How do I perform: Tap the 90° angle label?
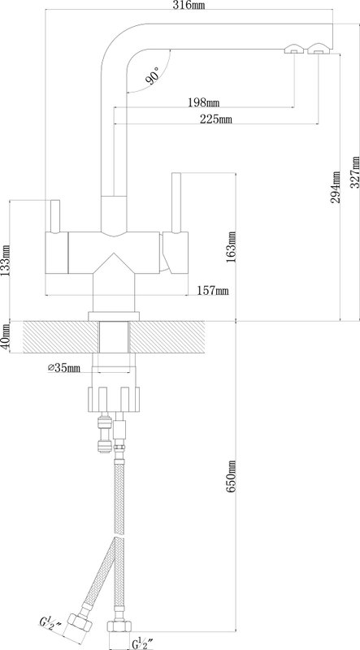point(152,75)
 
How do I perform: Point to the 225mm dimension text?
point(216,119)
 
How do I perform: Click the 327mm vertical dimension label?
point(354,171)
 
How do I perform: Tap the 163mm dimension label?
point(232,247)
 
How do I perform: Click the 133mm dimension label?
point(6,260)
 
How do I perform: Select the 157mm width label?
point(213,291)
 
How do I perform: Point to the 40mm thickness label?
point(6,337)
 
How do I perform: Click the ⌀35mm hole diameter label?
point(64,368)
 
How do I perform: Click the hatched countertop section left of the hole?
point(61,337)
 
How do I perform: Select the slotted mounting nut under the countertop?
point(113,399)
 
